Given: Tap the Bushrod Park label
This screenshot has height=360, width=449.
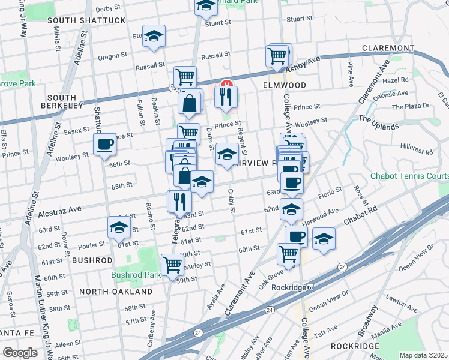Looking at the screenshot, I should (136, 275).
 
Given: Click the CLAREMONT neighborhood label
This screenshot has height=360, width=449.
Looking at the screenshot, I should (388, 48).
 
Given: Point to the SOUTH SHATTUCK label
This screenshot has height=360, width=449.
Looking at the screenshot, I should (86, 20).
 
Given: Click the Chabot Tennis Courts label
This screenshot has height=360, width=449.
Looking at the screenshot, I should (409, 176).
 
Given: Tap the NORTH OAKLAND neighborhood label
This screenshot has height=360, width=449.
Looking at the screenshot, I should (116, 291).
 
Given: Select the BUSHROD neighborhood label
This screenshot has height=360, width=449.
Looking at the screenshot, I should (92, 260).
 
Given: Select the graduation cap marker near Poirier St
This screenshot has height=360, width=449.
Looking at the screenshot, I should (119, 229).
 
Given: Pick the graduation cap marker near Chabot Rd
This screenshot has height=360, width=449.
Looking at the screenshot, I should (324, 241).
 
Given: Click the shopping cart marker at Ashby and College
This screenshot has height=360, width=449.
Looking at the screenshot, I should (277, 56).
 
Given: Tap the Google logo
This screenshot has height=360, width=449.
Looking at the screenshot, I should (20, 353).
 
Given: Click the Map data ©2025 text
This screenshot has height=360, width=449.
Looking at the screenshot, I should (423, 355).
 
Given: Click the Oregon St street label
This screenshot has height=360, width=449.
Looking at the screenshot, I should (109, 57).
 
